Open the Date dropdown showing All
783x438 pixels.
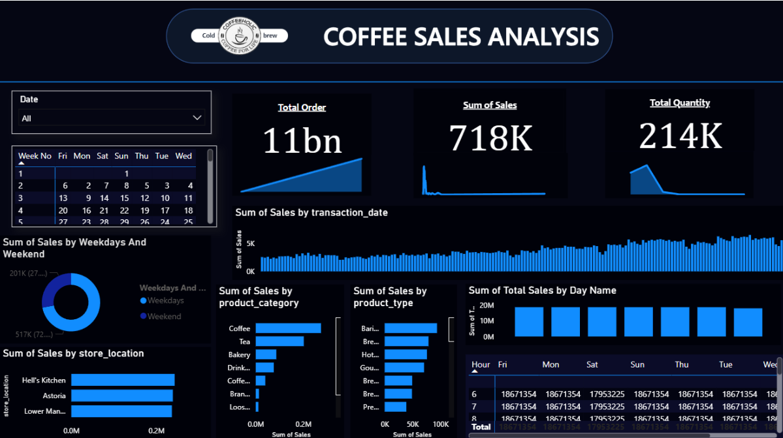coord(112,118)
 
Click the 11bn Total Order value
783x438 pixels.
coord(302,140)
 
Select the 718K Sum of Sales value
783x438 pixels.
coord(490,137)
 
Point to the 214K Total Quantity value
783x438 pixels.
coord(680,136)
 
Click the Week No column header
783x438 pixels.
coord(35,156)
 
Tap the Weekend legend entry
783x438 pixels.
coord(164,317)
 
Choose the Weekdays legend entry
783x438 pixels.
coord(165,301)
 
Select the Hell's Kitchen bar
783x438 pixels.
coord(123,380)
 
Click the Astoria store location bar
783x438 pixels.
coord(121,396)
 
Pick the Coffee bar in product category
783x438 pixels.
coord(288,328)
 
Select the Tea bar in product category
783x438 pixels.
coord(280,341)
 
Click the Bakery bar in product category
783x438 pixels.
coord(266,354)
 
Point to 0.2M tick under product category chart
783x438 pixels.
coord(303,424)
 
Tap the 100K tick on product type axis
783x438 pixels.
coord(441,424)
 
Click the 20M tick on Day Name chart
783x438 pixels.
coord(487,305)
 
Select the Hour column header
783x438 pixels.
coord(481,365)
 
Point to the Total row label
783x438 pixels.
coord(481,427)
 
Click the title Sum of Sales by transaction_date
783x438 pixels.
coord(312,212)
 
